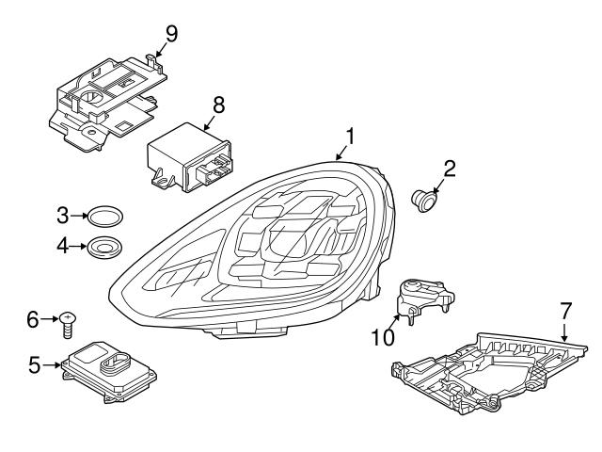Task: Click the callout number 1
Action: [x=349, y=137]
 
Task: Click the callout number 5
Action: [x=35, y=363]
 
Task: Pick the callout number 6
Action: [x=34, y=320]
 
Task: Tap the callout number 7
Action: [x=565, y=309]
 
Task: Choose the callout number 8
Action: [x=218, y=104]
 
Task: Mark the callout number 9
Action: [x=170, y=33]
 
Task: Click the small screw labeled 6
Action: [x=69, y=325]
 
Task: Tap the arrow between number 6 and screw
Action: [x=51, y=320]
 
